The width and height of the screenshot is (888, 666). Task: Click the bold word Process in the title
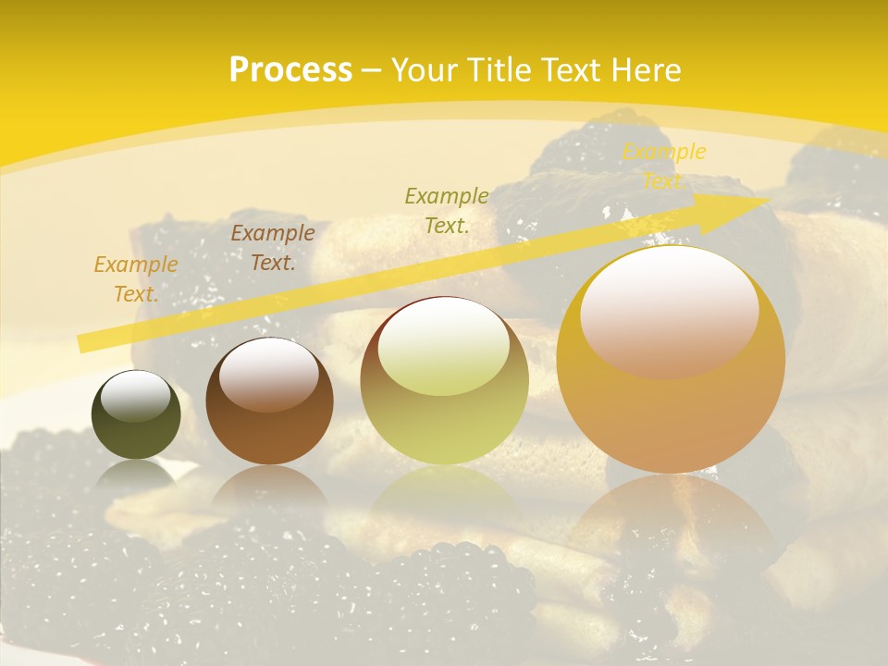click(290, 70)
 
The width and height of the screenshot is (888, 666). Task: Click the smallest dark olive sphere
click(136, 415)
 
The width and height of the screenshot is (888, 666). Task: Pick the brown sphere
click(269, 401)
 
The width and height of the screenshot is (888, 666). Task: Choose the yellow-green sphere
click(444, 380)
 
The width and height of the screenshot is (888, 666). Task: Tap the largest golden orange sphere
click(671, 360)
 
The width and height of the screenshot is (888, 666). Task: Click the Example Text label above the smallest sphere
click(136, 279)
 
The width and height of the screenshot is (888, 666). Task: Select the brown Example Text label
click(273, 248)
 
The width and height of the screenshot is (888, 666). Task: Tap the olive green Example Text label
click(447, 210)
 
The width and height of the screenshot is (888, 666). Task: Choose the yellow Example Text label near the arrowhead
click(663, 166)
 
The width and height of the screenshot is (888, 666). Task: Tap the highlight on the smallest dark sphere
click(135, 396)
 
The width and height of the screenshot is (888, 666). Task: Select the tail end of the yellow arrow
click(85, 343)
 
